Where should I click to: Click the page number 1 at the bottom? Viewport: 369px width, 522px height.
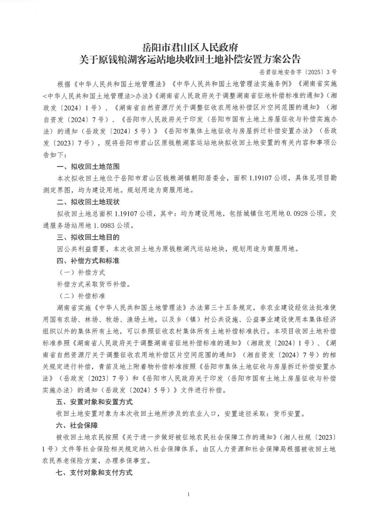coord(188,494)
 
